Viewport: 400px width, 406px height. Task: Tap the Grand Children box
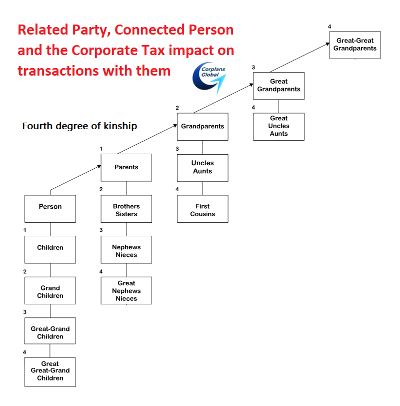tap(50, 291)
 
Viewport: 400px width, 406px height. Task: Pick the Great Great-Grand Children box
tap(50, 371)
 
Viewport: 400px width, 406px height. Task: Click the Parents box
tap(126, 167)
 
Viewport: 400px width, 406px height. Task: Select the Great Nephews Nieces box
tap(126, 290)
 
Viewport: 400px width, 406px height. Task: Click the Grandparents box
tap(202, 126)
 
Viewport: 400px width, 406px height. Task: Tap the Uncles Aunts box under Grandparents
tap(202, 168)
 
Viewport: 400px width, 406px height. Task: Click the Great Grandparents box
tap(278, 86)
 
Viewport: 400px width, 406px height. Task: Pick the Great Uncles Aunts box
tap(278, 126)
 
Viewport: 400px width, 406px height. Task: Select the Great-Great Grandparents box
tap(355, 45)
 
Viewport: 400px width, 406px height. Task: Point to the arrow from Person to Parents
tap(75, 178)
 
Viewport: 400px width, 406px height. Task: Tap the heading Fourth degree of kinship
tap(79, 126)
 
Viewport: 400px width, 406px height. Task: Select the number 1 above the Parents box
tap(101, 149)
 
